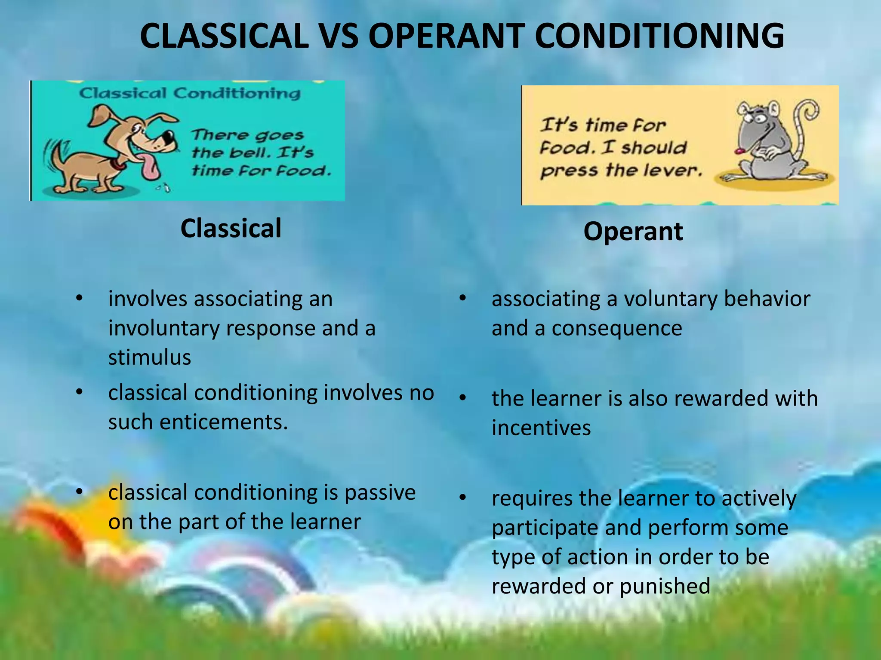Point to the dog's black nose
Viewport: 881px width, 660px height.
coord(169,138)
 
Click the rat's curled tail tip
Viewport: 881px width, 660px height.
coord(811,110)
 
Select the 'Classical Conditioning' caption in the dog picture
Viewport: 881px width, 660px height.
coord(190,93)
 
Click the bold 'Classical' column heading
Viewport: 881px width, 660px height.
coord(231,228)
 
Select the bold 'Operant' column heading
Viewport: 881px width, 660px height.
coord(633,232)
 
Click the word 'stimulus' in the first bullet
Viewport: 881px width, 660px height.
coord(149,357)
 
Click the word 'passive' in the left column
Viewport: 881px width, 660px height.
coord(380,492)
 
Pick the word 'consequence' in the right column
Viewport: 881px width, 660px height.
coord(617,329)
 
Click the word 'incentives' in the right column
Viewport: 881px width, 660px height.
coord(541,428)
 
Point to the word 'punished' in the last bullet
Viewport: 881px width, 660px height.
coord(665,586)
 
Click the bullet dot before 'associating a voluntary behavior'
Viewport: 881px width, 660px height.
coord(462,298)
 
